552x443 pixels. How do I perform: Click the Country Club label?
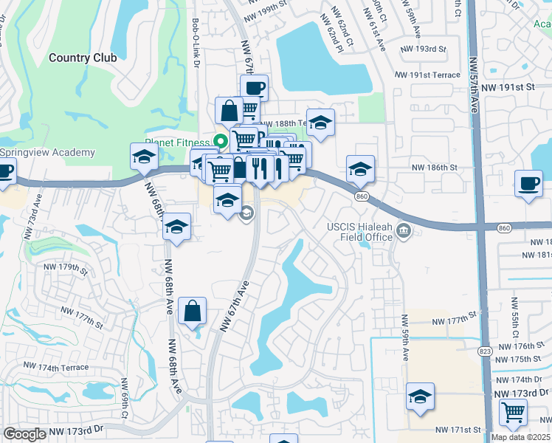(x=83, y=58)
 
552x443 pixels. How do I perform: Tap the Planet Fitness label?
(x=177, y=142)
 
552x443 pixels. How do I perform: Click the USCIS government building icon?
(x=404, y=232)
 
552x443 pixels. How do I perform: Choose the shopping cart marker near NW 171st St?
(x=513, y=413)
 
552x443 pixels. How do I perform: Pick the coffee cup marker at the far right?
(x=528, y=184)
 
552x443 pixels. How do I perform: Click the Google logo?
(x=25, y=434)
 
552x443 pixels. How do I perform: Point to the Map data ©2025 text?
(x=521, y=437)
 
